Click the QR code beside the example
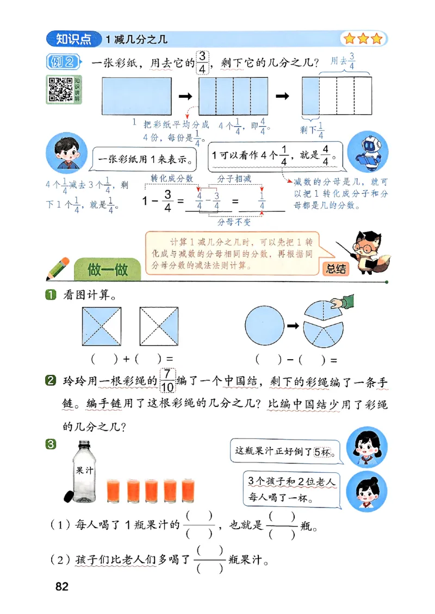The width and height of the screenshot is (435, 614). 61,89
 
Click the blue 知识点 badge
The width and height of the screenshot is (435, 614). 73,39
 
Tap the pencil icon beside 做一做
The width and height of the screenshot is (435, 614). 59,268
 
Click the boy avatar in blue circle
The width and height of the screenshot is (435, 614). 64,155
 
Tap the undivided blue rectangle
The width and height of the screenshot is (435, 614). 137,96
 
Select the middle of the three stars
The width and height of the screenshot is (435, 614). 362,39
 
